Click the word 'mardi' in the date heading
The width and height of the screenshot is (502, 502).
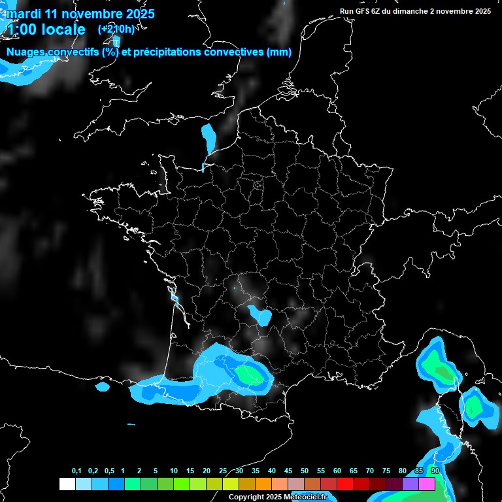[23, 14]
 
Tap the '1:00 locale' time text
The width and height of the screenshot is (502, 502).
[46, 29]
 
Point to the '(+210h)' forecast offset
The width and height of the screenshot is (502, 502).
[116, 29]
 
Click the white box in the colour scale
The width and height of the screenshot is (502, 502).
[67, 484]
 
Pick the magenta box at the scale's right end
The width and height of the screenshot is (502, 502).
[427, 484]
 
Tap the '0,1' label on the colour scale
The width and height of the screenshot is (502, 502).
[76, 471]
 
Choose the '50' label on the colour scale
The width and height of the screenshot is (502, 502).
[305, 471]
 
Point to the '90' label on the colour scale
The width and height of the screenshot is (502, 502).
[435, 471]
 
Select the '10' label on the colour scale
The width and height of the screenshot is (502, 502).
[174, 471]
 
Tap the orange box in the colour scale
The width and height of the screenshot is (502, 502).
[263, 484]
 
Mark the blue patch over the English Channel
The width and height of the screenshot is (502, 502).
[209, 139]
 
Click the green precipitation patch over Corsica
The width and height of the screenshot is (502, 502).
[473, 407]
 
